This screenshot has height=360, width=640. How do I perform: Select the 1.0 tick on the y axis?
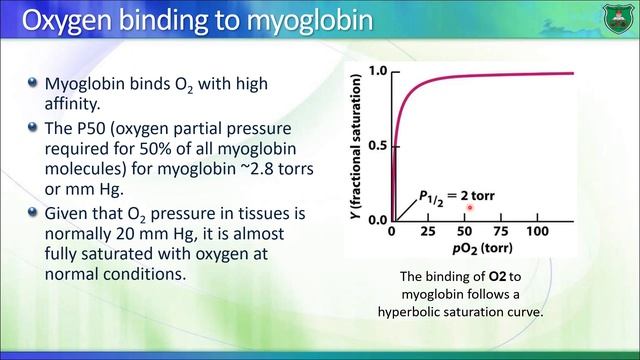pos(377,72)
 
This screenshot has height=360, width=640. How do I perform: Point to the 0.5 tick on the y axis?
pos(377,146)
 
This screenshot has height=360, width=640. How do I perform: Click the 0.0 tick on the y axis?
pos(377,219)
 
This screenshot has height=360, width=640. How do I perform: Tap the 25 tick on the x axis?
pos(428,232)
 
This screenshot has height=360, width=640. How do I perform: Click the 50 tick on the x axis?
pos(465,232)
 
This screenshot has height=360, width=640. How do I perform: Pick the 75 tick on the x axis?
pos(502,232)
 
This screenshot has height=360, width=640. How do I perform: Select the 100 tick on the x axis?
pos(538,232)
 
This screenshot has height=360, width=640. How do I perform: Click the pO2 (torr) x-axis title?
pos(464,247)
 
